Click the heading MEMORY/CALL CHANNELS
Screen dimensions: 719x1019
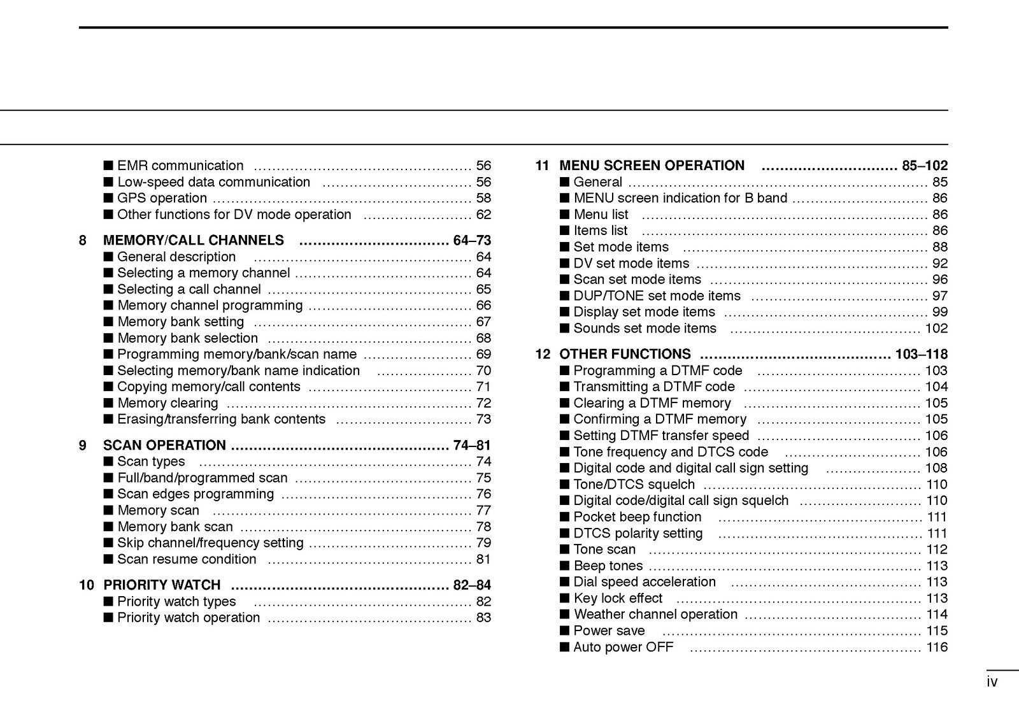[194, 240]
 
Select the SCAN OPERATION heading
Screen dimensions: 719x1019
[164, 445]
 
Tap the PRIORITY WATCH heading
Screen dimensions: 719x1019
[162, 585]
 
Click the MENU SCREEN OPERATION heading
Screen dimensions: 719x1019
[652, 166]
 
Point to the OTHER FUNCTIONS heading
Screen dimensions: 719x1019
[625, 354]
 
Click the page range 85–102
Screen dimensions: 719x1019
[925, 166]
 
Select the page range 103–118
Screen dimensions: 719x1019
[921, 354]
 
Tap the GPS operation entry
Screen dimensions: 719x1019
[162, 198]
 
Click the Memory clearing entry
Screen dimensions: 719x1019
[167, 403]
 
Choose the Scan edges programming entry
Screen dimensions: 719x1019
[196, 494]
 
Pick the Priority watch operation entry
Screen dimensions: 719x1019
[189, 618]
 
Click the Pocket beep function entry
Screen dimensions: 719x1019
[637, 517]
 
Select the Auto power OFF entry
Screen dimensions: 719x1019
[623, 647]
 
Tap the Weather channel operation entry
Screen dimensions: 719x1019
[655, 615]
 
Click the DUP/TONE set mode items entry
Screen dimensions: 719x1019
[657, 296]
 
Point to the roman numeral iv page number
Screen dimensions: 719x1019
[992, 683]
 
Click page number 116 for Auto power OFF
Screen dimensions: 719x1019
[937, 647]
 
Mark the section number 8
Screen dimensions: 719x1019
[83, 240]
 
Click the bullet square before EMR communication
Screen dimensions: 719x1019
[108, 166]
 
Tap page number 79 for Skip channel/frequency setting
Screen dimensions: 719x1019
[483, 543]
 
